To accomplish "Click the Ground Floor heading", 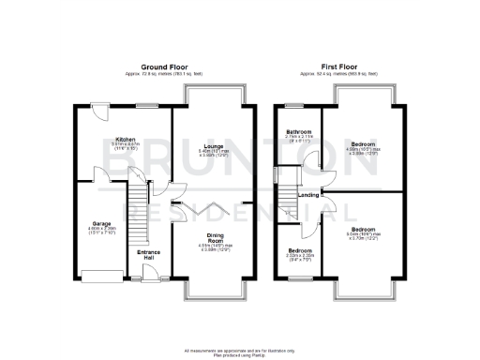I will [x=159, y=67].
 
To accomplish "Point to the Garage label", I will [x=101, y=224].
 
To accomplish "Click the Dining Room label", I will [x=213, y=239].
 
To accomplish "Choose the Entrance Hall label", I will [x=149, y=254].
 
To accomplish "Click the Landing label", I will [x=307, y=194].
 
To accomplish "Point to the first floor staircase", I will [x=287, y=203].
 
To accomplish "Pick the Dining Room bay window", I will [x=215, y=298].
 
